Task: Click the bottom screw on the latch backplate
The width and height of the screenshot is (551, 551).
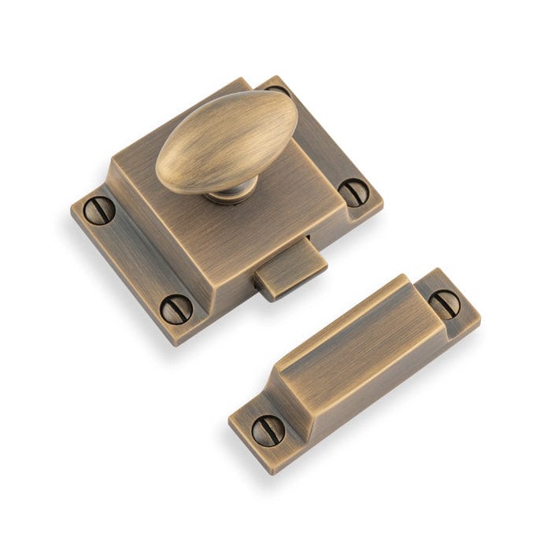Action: click(x=176, y=308)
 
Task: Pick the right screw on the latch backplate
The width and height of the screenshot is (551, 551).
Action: click(x=353, y=191)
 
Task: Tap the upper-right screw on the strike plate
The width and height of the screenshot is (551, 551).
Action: click(x=446, y=303)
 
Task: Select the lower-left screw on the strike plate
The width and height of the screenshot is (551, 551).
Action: click(x=267, y=430)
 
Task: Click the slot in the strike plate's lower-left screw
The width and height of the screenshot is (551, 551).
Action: click(x=267, y=430)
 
